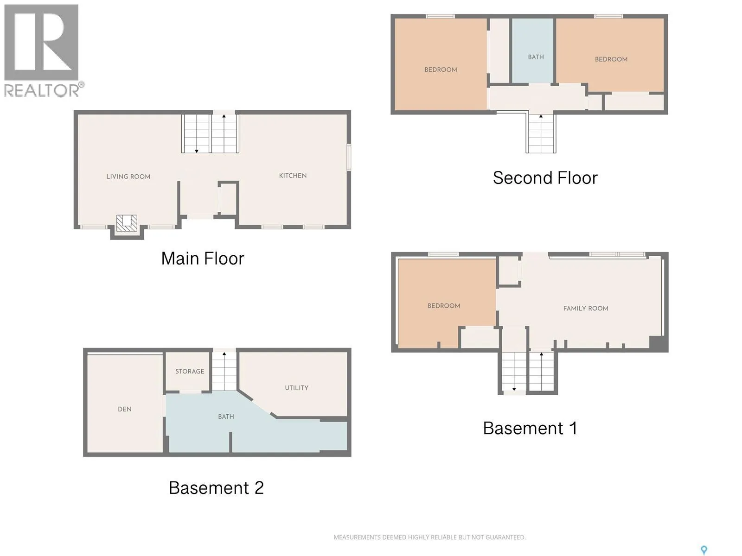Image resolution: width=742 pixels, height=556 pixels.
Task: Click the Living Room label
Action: click(x=128, y=177)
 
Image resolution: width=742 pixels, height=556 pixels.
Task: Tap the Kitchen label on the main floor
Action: click(x=293, y=176)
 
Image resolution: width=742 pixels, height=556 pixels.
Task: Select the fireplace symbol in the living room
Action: click(x=127, y=223)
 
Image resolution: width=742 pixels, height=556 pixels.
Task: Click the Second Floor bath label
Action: click(x=536, y=57)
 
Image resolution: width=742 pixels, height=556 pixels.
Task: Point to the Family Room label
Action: click(x=586, y=308)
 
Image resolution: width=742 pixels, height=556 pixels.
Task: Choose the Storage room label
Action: click(x=190, y=371)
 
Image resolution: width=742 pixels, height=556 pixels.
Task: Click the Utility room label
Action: click(x=296, y=388)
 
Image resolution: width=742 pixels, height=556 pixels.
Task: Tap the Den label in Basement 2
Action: click(x=125, y=409)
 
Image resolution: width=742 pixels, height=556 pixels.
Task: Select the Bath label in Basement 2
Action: click(x=226, y=417)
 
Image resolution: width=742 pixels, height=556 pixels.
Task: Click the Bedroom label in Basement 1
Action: click(x=443, y=306)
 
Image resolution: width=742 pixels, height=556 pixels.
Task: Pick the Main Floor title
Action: click(x=203, y=259)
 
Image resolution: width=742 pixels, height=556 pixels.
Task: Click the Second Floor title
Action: click(x=545, y=178)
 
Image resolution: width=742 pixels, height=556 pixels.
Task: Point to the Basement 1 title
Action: click(x=530, y=429)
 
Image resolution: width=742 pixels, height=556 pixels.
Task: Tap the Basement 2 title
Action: click(x=216, y=488)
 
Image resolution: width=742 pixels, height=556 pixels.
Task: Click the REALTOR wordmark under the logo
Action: click(x=44, y=90)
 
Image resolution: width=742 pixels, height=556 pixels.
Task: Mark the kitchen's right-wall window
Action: click(x=349, y=157)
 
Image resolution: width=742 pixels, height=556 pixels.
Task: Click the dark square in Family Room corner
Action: click(x=658, y=343)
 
